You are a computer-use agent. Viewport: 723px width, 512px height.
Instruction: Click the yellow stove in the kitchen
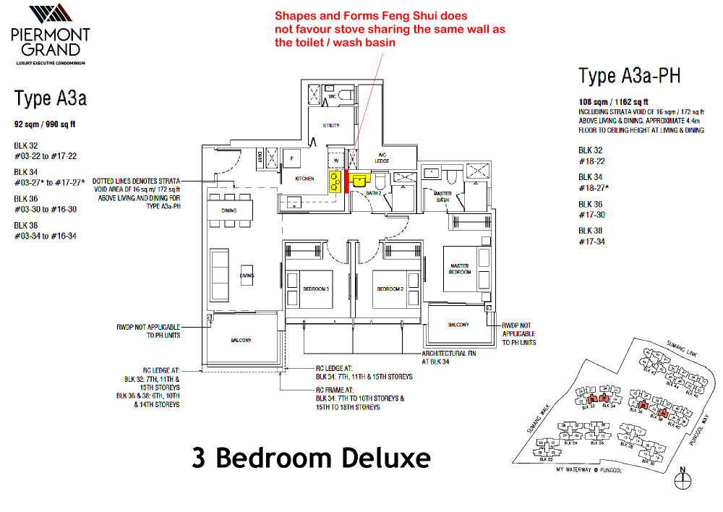click(335, 182)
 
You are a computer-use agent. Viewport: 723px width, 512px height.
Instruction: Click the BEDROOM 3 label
click(315, 289)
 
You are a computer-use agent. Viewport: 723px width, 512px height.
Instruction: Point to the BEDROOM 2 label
click(390, 289)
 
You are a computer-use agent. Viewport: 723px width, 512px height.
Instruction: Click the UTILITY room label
click(331, 125)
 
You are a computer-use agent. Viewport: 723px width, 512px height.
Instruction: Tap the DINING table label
click(229, 210)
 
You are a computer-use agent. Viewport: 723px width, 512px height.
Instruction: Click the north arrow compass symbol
click(682, 478)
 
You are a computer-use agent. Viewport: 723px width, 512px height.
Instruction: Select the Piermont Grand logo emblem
click(50, 14)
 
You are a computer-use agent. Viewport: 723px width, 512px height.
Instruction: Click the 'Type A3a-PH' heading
click(629, 75)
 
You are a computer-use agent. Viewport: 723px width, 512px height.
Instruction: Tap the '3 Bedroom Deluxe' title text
click(311, 458)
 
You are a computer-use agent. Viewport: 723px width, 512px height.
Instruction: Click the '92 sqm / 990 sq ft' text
click(46, 124)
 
